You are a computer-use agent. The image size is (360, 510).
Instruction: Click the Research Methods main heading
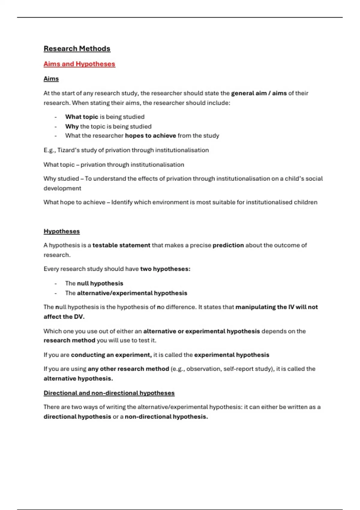pos(77,49)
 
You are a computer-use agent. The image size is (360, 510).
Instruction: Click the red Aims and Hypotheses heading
pos(79,64)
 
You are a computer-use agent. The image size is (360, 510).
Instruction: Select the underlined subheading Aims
pos(51,79)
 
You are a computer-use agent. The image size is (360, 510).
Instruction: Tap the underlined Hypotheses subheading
pos(61,231)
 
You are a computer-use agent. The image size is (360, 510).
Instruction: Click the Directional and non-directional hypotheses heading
pos(109,393)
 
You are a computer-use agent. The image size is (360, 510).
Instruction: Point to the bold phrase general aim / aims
pos(259,93)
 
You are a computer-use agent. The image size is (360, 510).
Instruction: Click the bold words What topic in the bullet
pos(82,117)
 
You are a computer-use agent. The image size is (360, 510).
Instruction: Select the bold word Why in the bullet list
pos(72,126)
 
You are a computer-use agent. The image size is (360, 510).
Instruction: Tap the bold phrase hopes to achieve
pos(150,136)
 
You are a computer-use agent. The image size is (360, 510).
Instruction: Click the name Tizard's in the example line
pos(68,150)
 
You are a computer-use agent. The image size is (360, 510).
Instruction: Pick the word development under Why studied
pos(62,188)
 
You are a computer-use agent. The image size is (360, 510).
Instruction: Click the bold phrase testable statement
pos(121,245)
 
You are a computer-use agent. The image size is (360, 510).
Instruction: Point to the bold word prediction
pos(228,245)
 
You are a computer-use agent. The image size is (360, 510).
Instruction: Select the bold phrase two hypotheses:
pos(165,269)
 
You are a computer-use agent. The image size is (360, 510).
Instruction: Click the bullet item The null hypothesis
pos(94,283)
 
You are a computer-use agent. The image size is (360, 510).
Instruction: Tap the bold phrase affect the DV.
pos(64,317)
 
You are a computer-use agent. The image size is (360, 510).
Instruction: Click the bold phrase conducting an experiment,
pos(111,355)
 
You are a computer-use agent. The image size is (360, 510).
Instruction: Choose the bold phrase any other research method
pos(128,369)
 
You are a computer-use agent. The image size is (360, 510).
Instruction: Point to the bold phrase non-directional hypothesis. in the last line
pos(166,417)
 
